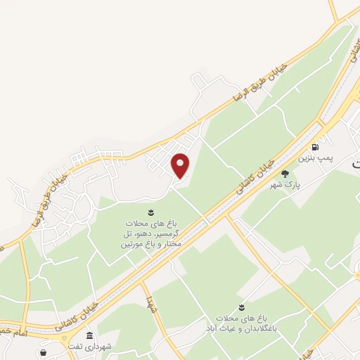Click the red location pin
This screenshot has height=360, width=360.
coord(181,165)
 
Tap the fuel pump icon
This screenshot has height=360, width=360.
coord(315,148)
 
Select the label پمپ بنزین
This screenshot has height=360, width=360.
coord(314,159)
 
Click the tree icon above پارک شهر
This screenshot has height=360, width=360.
coord(285,174)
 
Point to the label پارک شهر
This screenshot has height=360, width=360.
coord(286,185)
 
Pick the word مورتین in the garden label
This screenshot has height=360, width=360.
coord(132,244)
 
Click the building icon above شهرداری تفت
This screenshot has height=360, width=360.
coord(89,335)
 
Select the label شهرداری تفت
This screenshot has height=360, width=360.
coord(89,346)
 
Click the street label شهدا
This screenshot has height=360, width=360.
coord(150,304)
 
